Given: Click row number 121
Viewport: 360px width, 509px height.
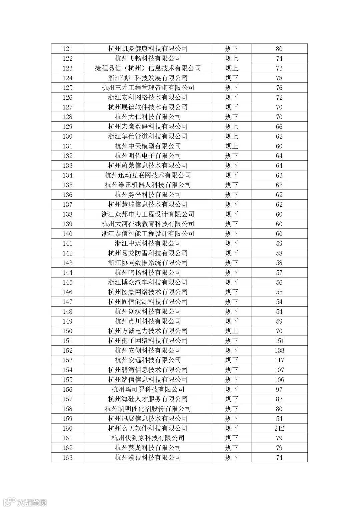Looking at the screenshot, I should [x=67, y=49].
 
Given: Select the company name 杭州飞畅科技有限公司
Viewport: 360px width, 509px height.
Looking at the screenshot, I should [x=148, y=58].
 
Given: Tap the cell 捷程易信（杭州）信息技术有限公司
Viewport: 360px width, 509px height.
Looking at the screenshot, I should [x=148, y=68].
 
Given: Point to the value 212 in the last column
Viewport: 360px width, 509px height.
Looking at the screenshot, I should [x=279, y=428].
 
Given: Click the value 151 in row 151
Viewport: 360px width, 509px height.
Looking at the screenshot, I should [x=279, y=341].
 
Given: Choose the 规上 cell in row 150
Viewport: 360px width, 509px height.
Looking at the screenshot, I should [x=232, y=331].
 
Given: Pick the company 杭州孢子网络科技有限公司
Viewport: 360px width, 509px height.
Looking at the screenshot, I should [x=148, y=341].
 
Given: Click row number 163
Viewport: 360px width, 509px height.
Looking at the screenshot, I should [x=67, y=457].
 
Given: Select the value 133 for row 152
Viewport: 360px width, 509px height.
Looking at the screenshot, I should [x=279, y=350].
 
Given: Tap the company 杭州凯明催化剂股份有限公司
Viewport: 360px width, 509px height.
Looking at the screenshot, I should [x=148, y=409].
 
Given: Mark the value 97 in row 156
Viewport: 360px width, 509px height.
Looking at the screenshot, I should [x=279, y=389].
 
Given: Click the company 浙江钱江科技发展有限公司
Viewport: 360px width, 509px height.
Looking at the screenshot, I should [x=148, y=78].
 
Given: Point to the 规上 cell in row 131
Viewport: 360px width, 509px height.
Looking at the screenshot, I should [x=232, y=146].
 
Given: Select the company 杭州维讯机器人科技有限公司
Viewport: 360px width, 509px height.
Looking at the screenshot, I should [x=148, y=185].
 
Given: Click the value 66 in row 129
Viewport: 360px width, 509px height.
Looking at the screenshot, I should [x=279, y=127].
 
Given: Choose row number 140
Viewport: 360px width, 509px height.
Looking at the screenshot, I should [x=67, y=234].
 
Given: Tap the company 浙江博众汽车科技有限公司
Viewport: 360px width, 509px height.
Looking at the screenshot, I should [x=148, y=282].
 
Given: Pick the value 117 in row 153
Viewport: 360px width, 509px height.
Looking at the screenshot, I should [x=279, y=360].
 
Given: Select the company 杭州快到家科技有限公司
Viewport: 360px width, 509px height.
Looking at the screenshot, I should [x=148, y=438].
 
